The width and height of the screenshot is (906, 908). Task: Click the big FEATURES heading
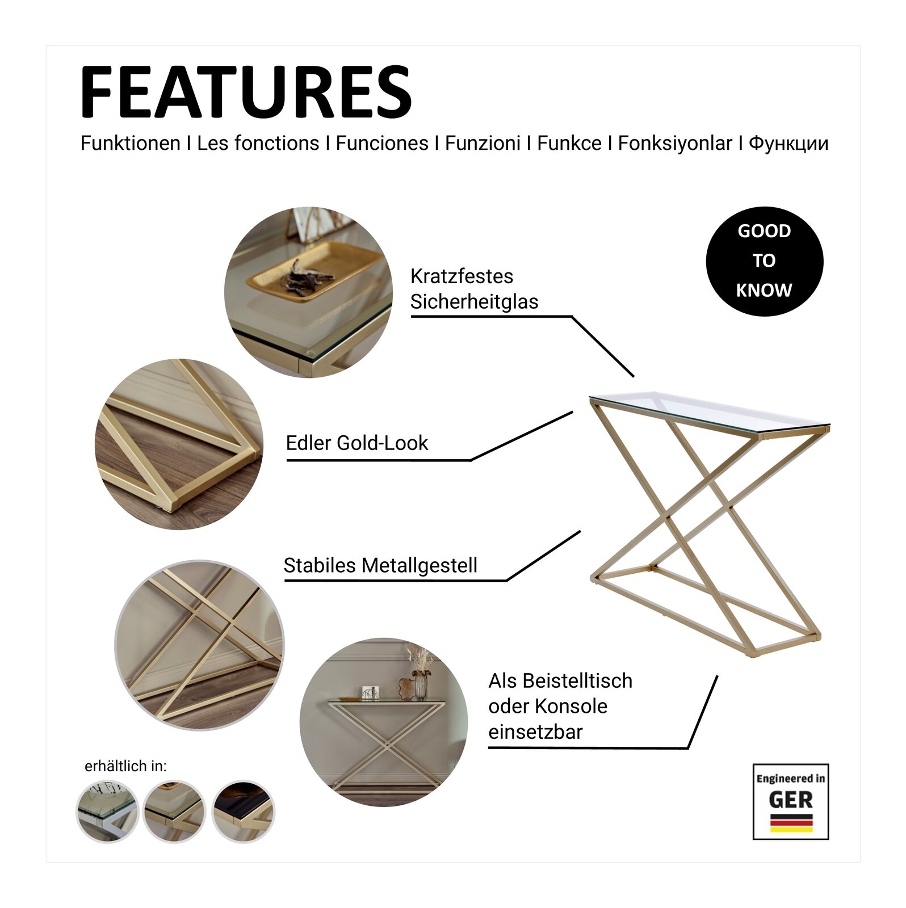246,92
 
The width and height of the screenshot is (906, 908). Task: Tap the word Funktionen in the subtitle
131,143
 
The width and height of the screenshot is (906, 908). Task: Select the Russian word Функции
788,143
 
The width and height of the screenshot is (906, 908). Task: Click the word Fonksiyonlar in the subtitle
675,143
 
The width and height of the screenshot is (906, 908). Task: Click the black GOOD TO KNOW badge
764,261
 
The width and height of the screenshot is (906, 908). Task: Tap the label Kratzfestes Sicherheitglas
473,289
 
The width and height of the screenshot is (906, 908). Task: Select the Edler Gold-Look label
356,443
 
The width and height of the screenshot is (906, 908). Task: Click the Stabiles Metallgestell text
380,566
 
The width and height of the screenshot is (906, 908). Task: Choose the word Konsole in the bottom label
571,707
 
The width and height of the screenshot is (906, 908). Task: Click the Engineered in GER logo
790,801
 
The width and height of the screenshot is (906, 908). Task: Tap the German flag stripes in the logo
791,823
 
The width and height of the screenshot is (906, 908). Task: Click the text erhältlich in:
125,766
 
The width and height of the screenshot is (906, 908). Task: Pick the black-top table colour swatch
243,812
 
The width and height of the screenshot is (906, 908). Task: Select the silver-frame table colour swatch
107,812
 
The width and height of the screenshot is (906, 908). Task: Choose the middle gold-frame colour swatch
174,812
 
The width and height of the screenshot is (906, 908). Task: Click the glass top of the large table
710,410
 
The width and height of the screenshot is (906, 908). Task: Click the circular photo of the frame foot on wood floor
179,444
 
